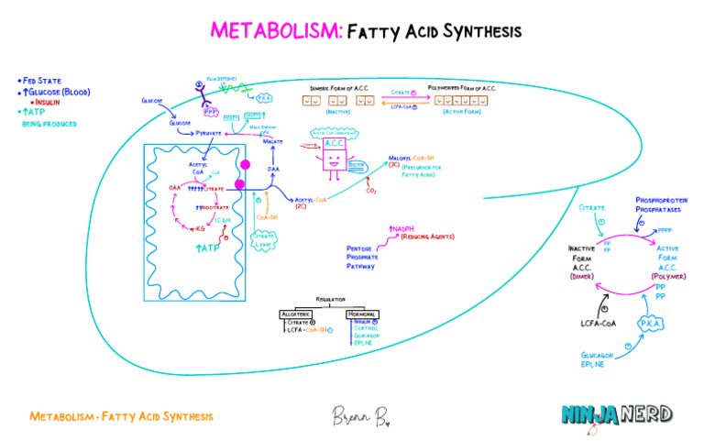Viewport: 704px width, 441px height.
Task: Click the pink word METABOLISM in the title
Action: pos(276,31)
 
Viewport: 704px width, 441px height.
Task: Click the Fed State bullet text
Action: pos(40,81)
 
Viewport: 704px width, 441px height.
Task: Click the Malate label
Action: pos(273,142)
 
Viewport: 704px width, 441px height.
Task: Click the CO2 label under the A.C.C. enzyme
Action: pos(371,191)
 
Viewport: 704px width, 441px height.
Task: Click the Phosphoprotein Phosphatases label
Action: pos(661,204)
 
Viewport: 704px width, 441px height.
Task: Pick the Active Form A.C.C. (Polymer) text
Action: pos(667,261)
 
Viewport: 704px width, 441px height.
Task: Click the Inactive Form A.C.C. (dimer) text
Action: pos(582,261)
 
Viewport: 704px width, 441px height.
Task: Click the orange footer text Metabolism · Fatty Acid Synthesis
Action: pos(121,416)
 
